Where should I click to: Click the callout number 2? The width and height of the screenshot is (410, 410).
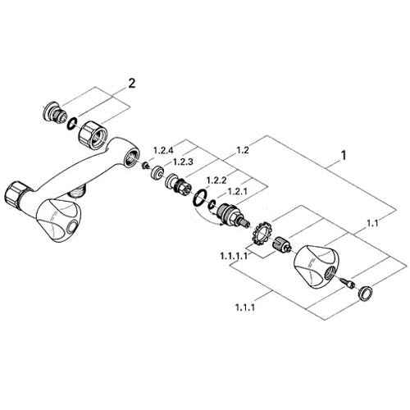(x=132, y=84)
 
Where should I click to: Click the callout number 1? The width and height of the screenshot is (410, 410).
(x=344, y=155)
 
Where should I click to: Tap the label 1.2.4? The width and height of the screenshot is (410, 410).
(x=163, y=150)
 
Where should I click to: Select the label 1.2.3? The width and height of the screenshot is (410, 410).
(x=183, y=162)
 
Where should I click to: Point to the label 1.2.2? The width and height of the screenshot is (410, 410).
(x=216, y=180)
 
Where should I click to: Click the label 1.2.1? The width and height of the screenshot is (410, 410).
(x=237, y=191)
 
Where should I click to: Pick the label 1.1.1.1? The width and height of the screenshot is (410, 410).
(x=234, y=256)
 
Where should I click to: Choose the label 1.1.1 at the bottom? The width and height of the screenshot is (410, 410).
(x=245, y=307)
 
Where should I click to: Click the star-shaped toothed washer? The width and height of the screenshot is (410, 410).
(x=262, y=233)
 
